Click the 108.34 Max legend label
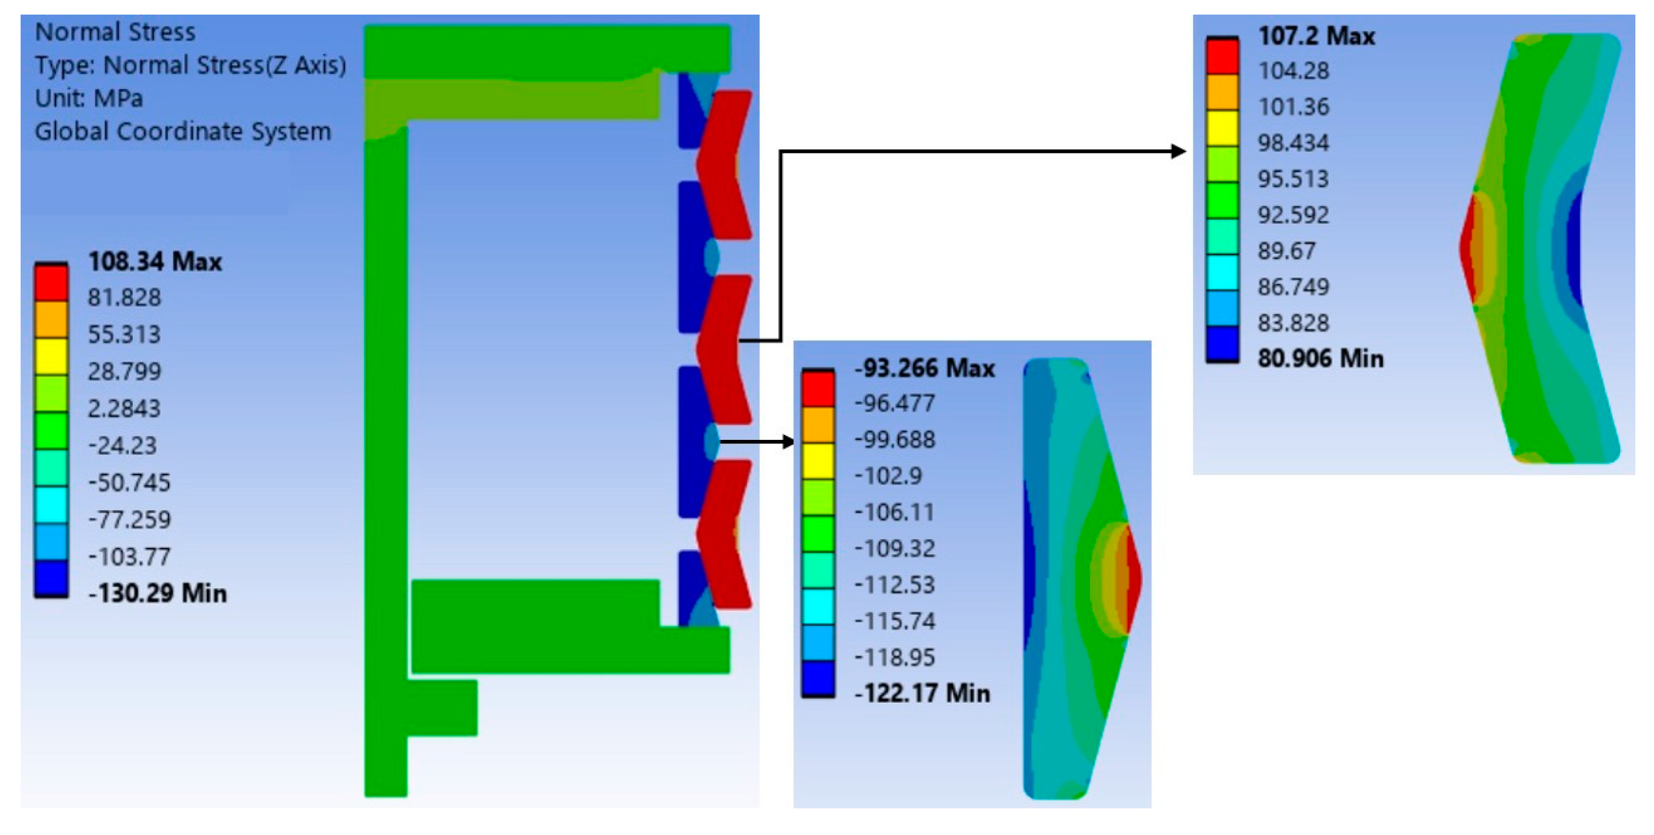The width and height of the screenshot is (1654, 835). pyautogui.click(x=155, y=262)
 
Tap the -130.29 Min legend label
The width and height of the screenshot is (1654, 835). pyautogui.click(x=157, y=593)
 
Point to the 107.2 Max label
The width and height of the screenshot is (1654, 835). pyautogui.click(x=1316, y=36)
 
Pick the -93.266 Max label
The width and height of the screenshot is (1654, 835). pyautogui.click(x=925, y=368)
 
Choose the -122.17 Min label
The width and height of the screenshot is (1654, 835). pyautogui.click(x=922, y=694)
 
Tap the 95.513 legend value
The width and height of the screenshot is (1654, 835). pyautogui.click(x=1293, y=179)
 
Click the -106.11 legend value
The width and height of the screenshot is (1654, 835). pyautogui.click(x=894, y=512)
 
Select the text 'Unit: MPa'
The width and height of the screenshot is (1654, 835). pyautogui.click(x=89, y=98)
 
